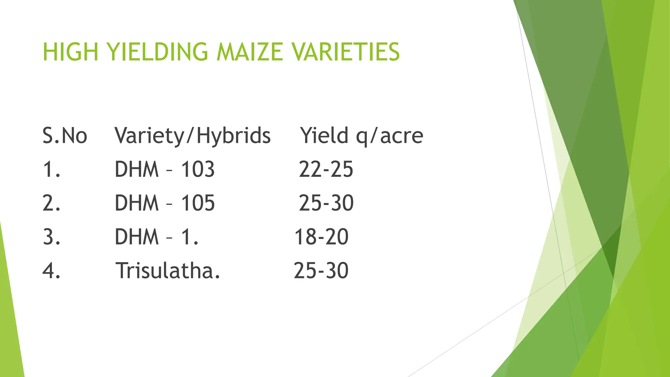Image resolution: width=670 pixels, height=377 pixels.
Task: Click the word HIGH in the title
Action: pos(70,52)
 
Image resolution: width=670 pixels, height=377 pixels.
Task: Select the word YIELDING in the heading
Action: pos(157,52)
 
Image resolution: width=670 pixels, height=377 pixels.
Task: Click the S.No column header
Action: pos(65,135)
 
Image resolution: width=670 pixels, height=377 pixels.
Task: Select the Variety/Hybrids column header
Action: pos(192,135)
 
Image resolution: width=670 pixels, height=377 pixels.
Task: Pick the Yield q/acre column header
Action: pos(362,135)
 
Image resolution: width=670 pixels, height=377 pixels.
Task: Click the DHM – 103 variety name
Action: pos(165,170)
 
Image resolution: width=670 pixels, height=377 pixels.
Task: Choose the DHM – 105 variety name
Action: pos(165,203)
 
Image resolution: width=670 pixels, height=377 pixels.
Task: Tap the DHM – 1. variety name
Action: pos(157,237)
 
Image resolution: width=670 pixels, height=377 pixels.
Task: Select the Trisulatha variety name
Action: pos(168,271)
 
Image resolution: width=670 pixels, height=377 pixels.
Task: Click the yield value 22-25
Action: pos(326,170)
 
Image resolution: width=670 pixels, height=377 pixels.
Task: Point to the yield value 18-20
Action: pos(321,237)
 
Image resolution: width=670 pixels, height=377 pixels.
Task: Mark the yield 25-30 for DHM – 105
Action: pos(326,203)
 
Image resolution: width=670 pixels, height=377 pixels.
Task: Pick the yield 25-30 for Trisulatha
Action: pos(321,271)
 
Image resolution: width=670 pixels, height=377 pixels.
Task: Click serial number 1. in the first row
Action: pos(52,170)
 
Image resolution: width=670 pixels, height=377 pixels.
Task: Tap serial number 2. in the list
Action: pos(52,203)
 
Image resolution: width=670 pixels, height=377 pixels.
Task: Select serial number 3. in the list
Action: pos(52,237)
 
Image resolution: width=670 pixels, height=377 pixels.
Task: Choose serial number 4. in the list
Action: pos(52,271)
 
